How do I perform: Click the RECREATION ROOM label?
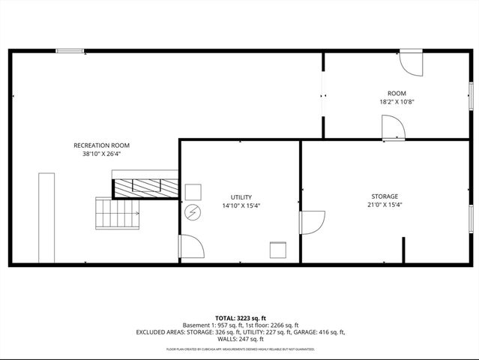click(x=101, y=145)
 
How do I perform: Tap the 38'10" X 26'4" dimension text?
click(x=101, y=154)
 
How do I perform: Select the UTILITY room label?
click(x=241, y=197)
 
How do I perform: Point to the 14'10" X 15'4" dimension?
click(x=241, y=205)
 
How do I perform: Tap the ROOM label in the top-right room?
click(x=397, y=93)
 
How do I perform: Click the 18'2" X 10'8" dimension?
click(x=397, y=102)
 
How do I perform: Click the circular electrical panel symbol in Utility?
click(x=192, y=213)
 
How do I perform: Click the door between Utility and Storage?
click(x=311, y=222)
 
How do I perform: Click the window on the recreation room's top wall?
click(x=70, y=51)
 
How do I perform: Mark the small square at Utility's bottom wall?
click(x=278, y=250)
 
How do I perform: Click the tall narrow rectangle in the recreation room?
click(x=46, y=217)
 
